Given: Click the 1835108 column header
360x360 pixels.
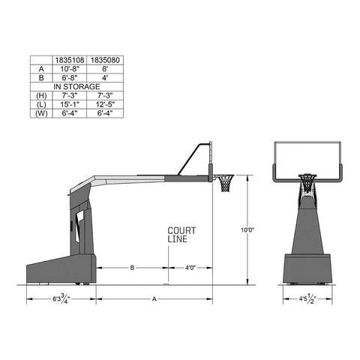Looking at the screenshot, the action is point(70,60).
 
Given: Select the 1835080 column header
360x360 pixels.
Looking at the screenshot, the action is point(105,60).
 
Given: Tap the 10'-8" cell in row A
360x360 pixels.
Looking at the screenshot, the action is point(70,69).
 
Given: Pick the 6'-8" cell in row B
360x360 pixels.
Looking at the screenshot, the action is point(70,78).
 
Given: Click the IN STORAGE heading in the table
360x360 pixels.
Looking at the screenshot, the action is point(76,87).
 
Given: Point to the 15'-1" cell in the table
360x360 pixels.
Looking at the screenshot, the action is point(70,104).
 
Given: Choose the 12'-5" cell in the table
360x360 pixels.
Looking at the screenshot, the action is point(105,104).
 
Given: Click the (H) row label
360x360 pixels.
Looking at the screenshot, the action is point(41,96).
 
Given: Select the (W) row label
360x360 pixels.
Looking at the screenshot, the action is point(41,113).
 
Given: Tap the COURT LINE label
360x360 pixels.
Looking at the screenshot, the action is point(181,235).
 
